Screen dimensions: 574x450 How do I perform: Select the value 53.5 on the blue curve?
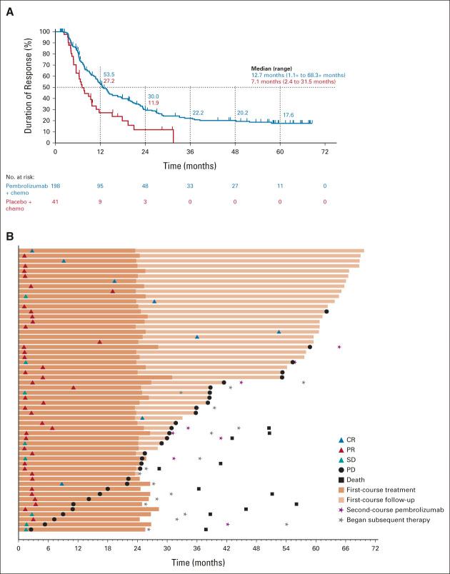109,74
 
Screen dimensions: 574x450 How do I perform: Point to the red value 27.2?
109,81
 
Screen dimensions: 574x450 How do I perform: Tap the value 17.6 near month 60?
288,115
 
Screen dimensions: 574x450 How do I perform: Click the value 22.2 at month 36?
198,113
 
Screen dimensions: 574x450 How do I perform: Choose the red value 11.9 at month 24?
153,104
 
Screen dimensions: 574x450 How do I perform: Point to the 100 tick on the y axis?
45,31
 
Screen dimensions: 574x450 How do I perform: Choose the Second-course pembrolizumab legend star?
341,510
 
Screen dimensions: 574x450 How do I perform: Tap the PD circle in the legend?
341,470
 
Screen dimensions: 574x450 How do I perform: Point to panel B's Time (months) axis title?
196,564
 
